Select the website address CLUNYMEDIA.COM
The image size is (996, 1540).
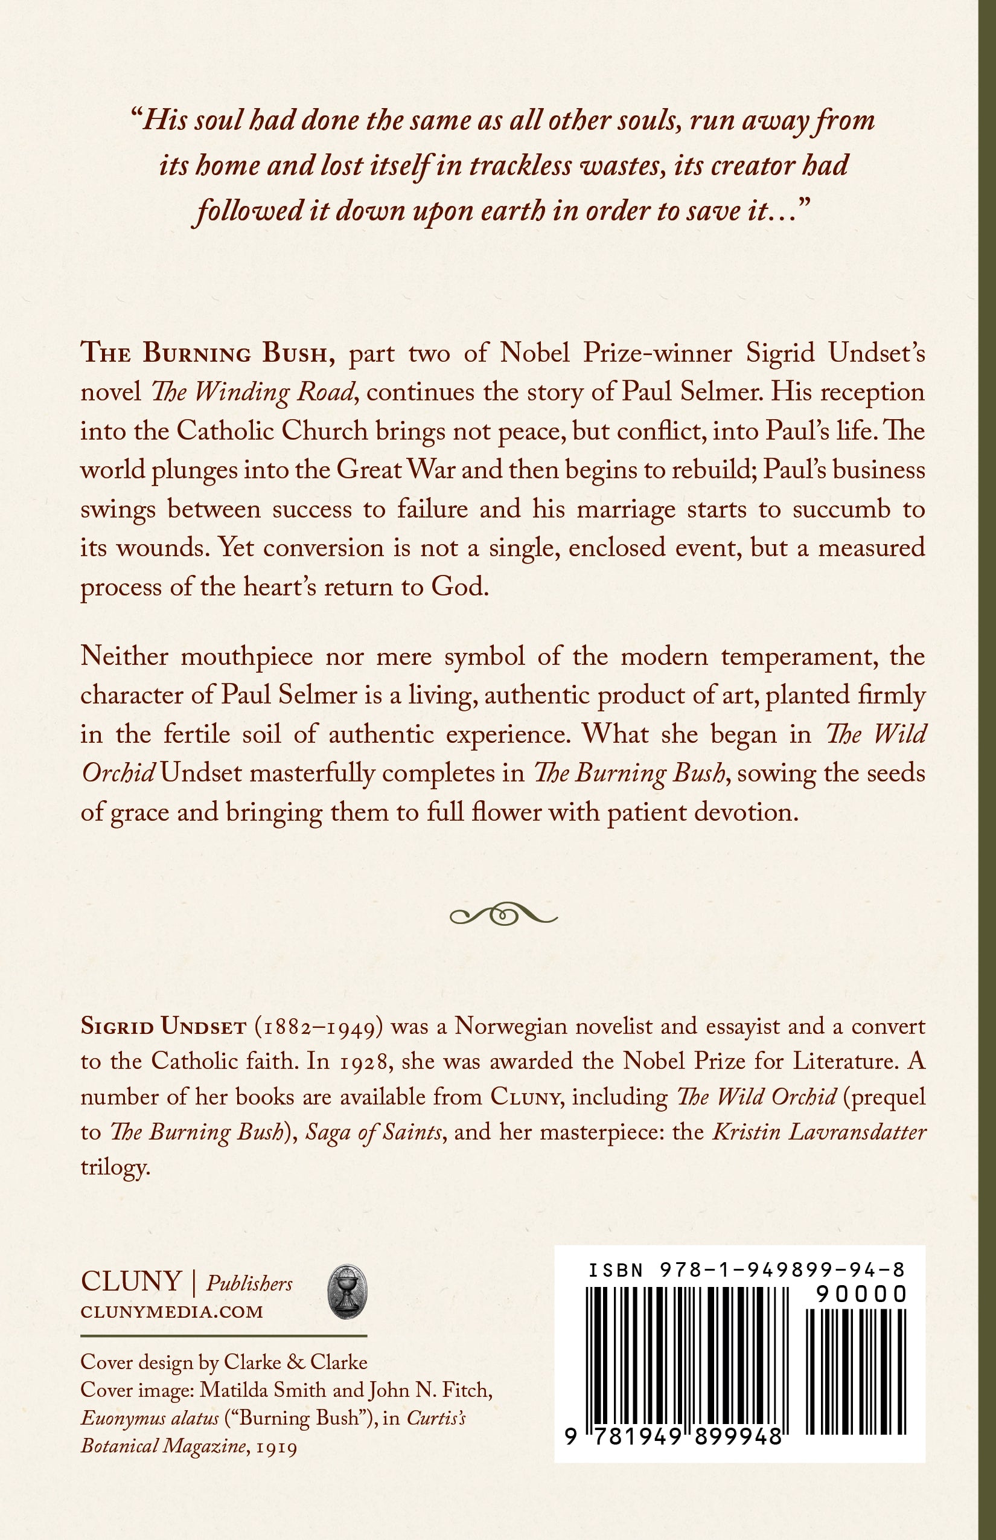coord(171,1312)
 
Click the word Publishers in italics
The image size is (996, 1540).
coord(249,1284)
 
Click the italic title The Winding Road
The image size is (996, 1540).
coord(253,393)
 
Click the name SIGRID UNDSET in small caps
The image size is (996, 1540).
coord(163,1027)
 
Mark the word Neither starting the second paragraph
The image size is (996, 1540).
coord(124,657)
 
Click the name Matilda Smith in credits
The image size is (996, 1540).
coord(263,1390)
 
